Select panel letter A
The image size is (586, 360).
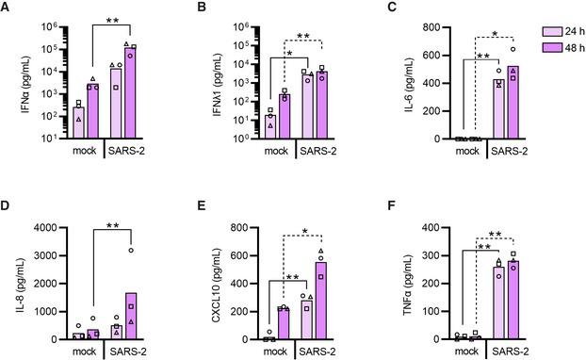(9, 8)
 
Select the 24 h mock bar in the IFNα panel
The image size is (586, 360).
(79, 122)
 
